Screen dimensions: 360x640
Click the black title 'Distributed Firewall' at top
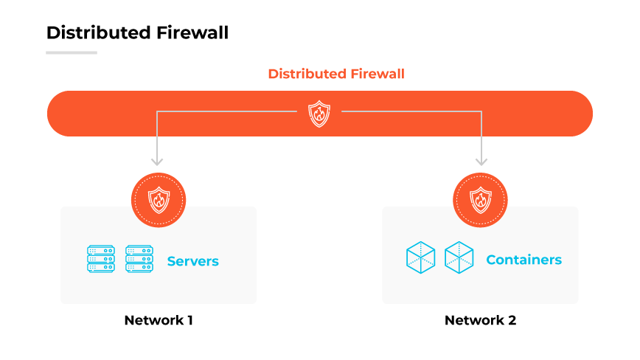point(137,33)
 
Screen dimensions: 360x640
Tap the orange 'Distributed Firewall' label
point(336,74)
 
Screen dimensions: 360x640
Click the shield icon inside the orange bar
point(319,114)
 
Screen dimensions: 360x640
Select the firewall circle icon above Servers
point(159,200)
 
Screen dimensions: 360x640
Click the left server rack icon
point(101,260)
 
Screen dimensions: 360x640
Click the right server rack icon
point(139,260)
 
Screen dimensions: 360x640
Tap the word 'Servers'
point(193,261)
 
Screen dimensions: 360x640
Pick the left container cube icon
point(420,257)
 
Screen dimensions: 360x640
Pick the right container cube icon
point(459,257)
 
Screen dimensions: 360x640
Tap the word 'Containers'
point(524,260)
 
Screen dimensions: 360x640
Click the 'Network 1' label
point(159,320)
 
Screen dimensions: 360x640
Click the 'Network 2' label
point(480,320)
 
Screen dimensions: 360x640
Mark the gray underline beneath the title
point(72,52)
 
